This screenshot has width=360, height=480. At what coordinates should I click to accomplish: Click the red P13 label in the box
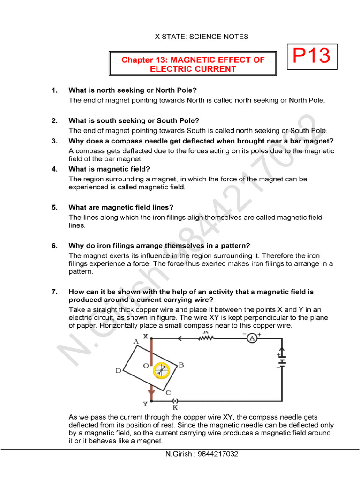[x=311, y=56]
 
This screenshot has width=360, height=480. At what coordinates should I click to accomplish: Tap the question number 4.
[x=54, y=169]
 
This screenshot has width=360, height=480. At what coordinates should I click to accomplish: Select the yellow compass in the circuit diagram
[x=161, y=370]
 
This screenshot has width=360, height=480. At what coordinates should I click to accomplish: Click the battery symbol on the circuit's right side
[x=282, y=360]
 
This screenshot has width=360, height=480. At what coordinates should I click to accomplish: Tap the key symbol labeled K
[x=175, y=401]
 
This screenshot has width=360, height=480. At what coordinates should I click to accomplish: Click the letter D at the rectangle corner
[x=119, y=371]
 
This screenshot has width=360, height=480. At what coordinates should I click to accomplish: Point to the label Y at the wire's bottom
[x=145, y=404]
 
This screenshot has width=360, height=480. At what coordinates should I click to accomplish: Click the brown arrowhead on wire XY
[x=151, y=392]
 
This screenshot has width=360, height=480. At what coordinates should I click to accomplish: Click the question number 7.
[x=54, y=292]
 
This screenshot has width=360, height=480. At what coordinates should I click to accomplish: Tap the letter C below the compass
[x=168, y=392]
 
